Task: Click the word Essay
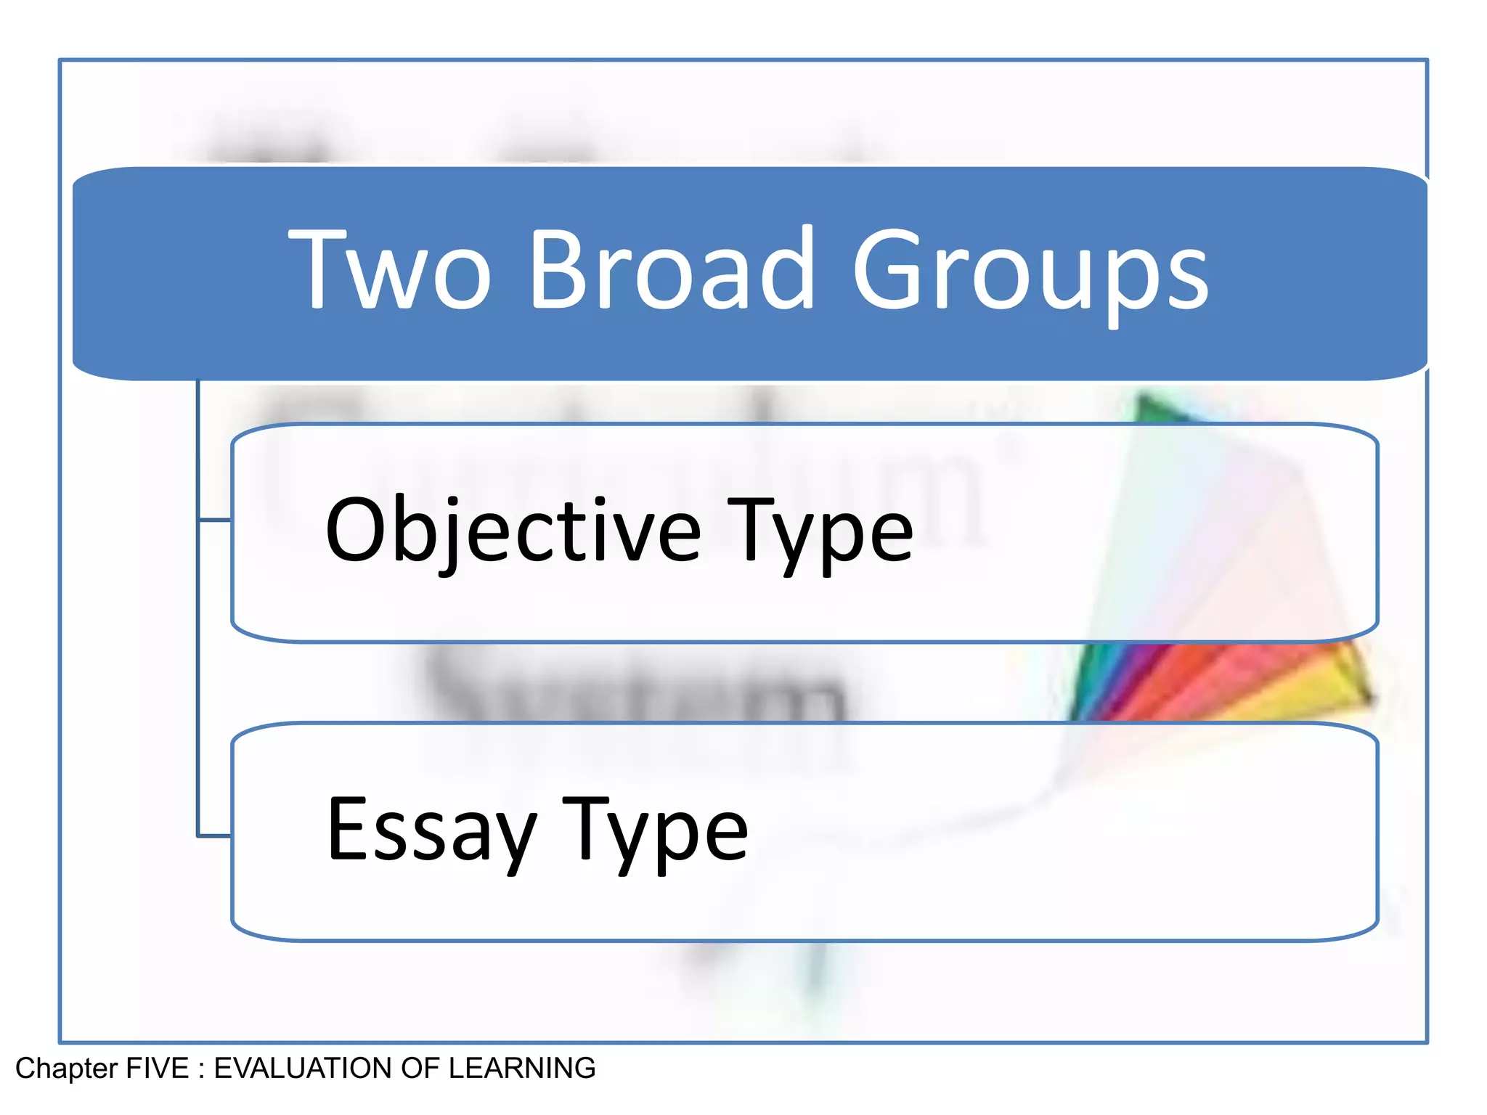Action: pos(431,830)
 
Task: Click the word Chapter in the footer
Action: pos(66,1069)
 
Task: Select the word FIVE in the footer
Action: pos(158,1069)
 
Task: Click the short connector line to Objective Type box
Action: pos(214,520)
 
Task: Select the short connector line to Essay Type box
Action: pos(214,836)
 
